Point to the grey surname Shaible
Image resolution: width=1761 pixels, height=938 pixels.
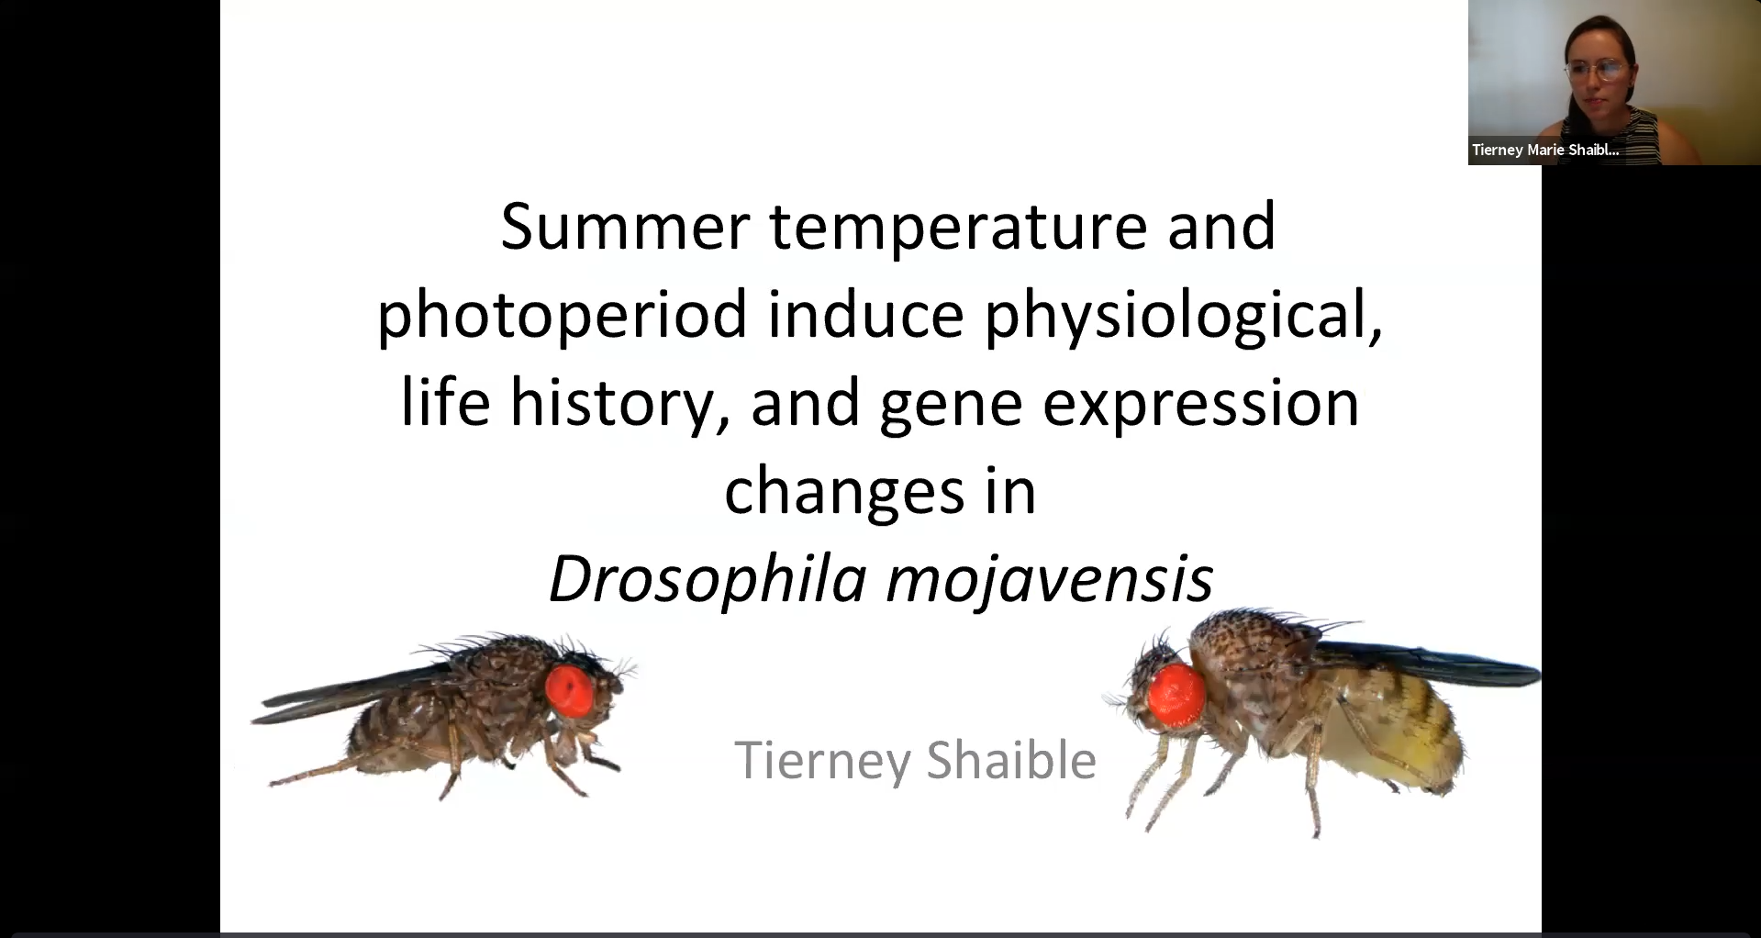pos(1011,760)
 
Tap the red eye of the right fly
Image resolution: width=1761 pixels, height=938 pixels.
pos(1176,695)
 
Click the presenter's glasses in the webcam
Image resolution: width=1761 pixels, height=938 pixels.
pos(1601,70)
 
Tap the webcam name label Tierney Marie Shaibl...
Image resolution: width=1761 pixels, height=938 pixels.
pos(1545,150)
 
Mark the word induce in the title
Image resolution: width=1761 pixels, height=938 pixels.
pos(865,314)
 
